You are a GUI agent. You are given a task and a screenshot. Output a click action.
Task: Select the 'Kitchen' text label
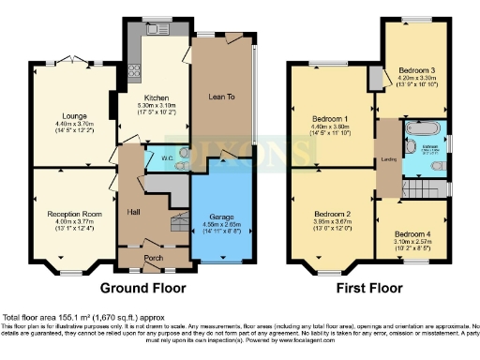pyautogui.click(x=156, y=97)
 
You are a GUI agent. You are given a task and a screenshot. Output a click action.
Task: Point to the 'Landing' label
pyautogui.click(x=384, y=157)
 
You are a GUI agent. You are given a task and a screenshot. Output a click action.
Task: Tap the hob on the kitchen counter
pyautogui.click(x=133, y=68)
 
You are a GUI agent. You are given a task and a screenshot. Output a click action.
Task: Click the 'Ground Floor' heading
pyautogui.click(x=142, y=288)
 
